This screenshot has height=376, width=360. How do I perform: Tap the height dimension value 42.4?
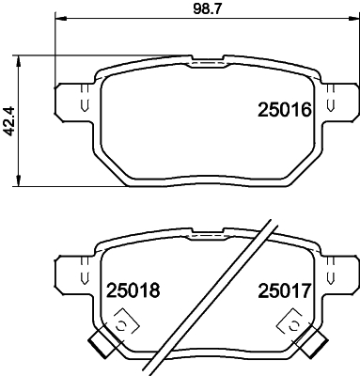(10, 120)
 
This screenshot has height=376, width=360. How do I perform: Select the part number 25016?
(284, 111)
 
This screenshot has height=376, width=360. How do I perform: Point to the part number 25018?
(131, 290)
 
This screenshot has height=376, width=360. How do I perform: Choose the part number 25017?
(284, 290)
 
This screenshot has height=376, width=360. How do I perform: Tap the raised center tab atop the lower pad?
(204, 236)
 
